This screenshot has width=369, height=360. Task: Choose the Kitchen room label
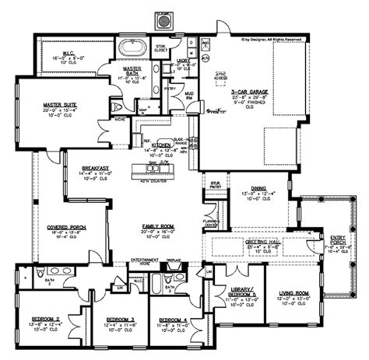pos(163,145)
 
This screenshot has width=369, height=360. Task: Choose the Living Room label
pos(295,292)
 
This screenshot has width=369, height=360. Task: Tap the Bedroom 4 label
pos(174,319)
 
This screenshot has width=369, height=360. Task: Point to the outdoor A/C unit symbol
pos(165,21)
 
